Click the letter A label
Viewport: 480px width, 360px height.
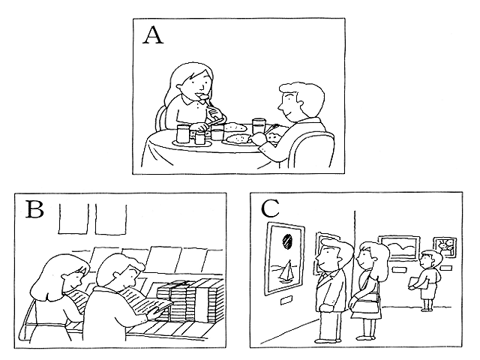(153, 35)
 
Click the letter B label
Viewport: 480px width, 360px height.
(34, 209)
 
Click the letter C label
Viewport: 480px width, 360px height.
(270, 208)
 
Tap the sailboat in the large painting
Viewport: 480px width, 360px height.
(286, 271)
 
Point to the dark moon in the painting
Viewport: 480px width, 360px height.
(287, 240)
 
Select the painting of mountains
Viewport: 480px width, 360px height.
(399, 247)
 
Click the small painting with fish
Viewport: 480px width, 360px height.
(445, 247)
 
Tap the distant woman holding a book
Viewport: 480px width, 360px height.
(427, 280)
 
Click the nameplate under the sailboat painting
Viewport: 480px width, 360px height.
(287, 300)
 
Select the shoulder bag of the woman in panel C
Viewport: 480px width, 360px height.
(365, 305)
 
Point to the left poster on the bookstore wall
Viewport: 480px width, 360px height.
(73, 219)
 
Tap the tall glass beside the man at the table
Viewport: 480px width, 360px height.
(259, 126)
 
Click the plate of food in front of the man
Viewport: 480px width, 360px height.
(238, 139)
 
